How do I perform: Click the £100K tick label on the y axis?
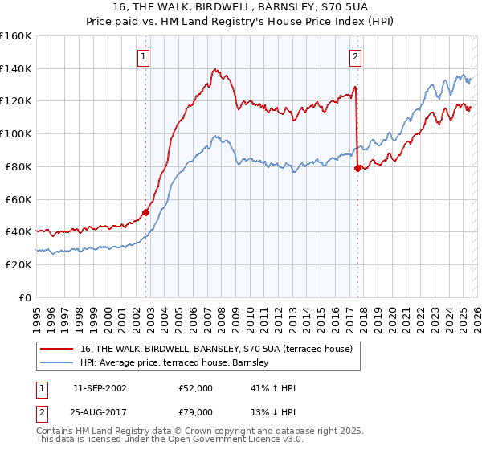(x=16, y=133)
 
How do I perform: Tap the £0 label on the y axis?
(x=25, y=297)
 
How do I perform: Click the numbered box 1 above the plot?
(x=143, y=56)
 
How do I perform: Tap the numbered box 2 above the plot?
(x=354, y=56)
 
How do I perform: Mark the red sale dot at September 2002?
(x=145, y=212)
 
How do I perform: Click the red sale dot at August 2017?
(x=357, y=168)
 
